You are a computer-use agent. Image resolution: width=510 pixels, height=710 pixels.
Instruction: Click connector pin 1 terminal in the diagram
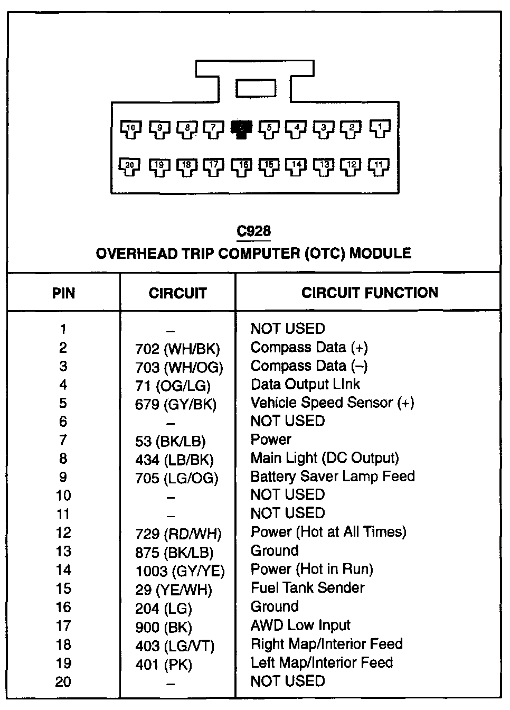[379, 128]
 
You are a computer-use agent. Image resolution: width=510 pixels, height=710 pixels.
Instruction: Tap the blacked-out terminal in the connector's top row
[241, 128]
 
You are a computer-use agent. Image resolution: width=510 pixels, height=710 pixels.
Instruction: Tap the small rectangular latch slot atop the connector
[256, 89]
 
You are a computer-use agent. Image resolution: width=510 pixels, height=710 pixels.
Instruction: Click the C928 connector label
[253, 231]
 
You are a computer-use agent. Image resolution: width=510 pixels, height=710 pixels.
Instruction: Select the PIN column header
[63, 293]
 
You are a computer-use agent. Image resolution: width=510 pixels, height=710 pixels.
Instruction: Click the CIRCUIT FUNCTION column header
[370, 293]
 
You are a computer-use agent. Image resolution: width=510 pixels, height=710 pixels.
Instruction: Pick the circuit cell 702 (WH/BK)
[177, 349]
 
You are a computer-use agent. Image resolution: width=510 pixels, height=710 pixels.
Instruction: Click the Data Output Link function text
[305, 385]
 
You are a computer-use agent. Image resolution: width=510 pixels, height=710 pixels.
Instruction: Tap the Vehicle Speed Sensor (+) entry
[332, 403]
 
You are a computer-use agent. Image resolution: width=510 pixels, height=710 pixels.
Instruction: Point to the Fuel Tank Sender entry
[307, 588]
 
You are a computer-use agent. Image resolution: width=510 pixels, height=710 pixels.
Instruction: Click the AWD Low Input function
[300, 625]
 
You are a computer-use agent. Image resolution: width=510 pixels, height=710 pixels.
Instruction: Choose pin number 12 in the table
[63, 533]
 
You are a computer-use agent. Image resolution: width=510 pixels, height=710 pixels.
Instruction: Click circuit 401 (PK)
[164, 665]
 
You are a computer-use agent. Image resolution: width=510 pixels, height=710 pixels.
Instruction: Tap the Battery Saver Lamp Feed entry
[333, 477]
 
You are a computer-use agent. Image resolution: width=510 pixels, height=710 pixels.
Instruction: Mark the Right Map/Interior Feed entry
[326, 644]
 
